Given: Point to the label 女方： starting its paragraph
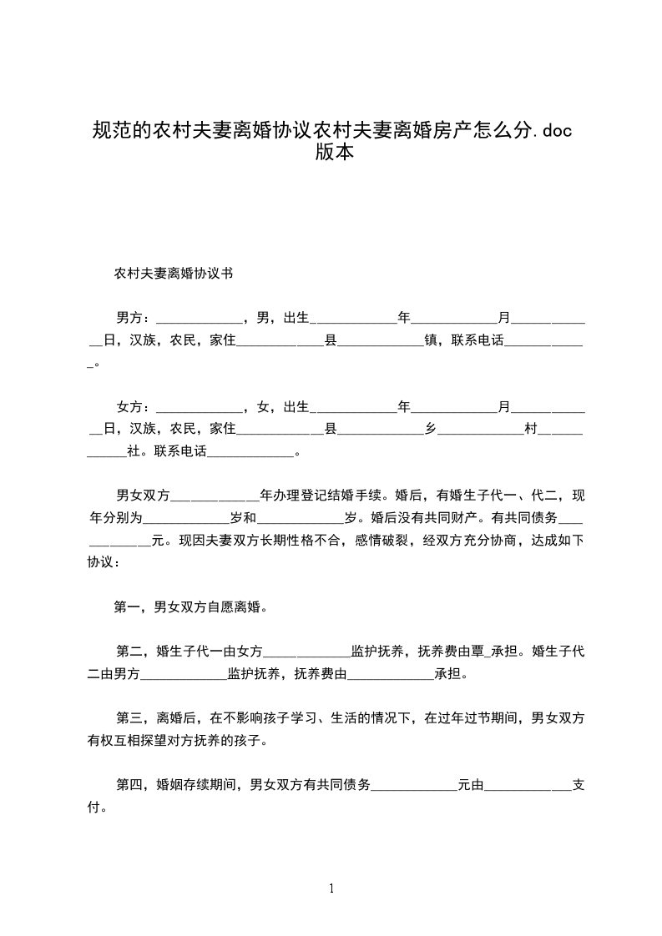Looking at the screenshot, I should [x=134, y=407].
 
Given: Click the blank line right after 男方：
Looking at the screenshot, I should [x=199, y=319].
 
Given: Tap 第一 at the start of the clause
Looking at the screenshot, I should [x=127, y=607].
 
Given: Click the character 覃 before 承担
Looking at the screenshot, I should [x=479, y=652].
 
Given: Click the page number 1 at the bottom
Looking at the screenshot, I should [x=331, y=889].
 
